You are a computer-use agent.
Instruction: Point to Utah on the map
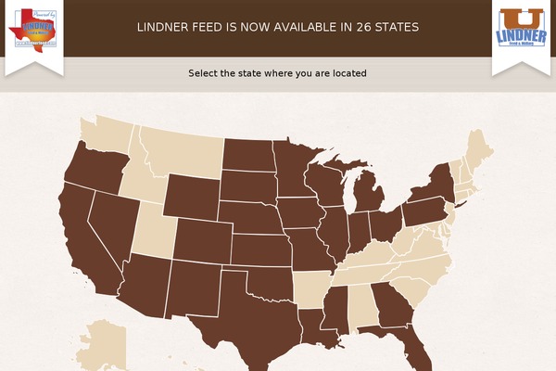[x=155, y=232]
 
